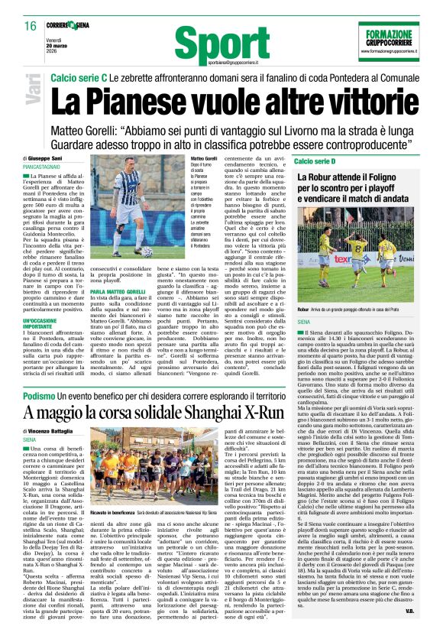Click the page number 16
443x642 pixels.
(x=30, y=26)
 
